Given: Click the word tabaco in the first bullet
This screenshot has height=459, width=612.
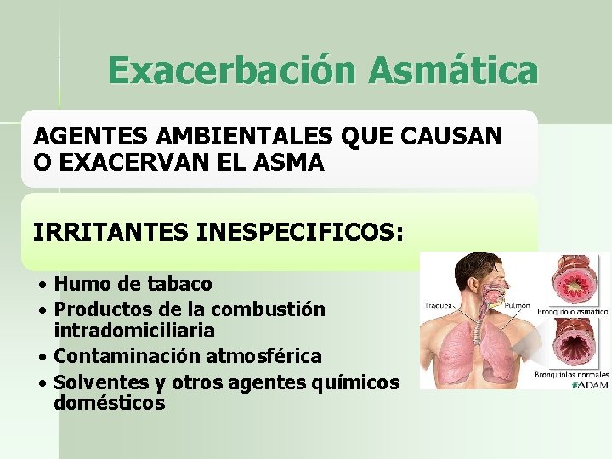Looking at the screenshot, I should [179, 282].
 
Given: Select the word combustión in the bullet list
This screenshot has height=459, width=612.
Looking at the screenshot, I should [270, 309].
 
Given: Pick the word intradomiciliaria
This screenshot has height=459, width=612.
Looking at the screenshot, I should [134, 330].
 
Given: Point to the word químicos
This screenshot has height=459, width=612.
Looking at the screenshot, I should [356, 382].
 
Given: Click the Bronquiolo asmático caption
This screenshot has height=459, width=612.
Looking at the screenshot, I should [571, 311].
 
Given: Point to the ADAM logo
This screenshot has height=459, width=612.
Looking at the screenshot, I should [592, 385].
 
